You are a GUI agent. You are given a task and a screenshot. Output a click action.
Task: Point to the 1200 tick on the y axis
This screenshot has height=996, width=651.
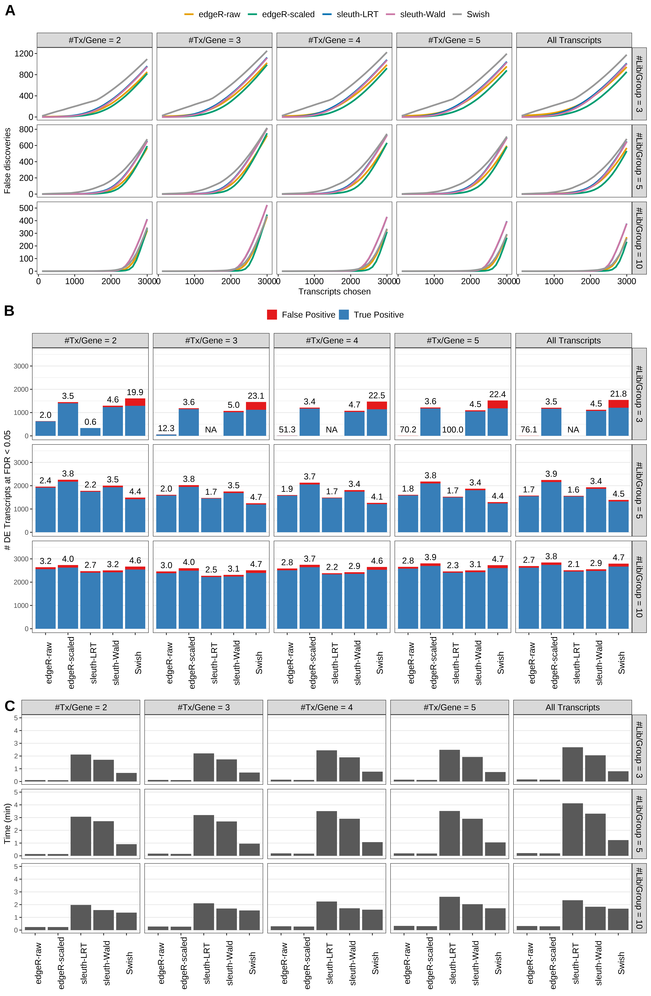[x=23, y=54]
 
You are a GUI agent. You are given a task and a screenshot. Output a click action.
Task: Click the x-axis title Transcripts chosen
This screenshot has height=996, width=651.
[x=334, y=292]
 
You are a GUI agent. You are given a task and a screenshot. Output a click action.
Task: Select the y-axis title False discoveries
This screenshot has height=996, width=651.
[x=7, y=161]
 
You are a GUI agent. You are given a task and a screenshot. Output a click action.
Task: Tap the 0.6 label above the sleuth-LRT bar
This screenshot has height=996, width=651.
[x=90, y=422]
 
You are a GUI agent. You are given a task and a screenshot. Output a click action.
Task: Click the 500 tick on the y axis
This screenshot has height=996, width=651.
[x=26, y=208]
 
